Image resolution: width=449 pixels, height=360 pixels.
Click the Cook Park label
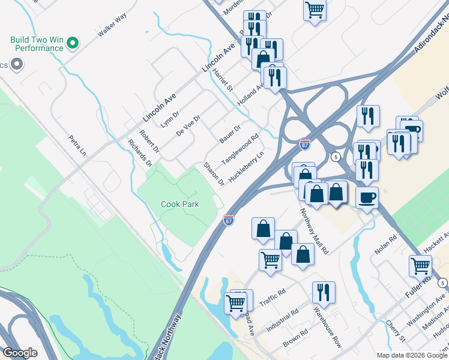179,204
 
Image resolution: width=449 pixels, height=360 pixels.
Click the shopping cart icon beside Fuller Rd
420,265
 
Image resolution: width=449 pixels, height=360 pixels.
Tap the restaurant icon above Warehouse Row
324,292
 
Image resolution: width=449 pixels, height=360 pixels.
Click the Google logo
20,353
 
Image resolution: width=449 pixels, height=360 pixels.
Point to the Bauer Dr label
229,134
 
